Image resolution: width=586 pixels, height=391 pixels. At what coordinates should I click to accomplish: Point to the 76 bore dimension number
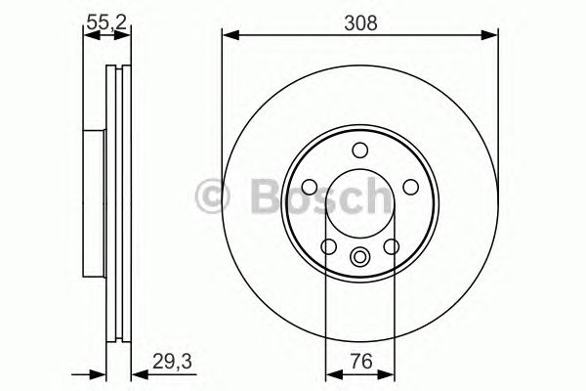(360, 360)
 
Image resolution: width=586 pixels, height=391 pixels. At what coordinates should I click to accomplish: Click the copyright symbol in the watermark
(210, 196)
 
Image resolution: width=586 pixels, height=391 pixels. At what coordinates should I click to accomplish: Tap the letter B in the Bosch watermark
(252, 195)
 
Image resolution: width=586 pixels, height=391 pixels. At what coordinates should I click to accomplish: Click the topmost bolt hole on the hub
(360, 150)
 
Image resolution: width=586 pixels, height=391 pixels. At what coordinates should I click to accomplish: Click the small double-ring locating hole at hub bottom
(360, 258)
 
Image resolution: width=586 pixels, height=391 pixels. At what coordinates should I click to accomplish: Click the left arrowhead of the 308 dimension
(229, 36)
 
